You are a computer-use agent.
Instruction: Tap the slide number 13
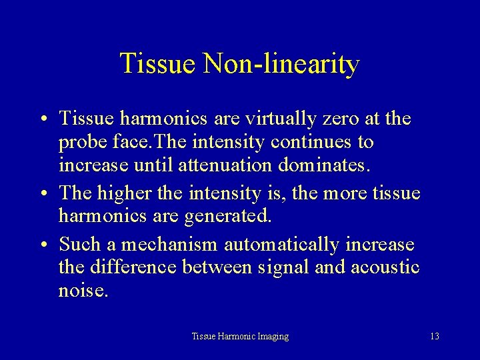point(435,337)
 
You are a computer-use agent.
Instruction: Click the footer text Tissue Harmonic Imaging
point(240,337)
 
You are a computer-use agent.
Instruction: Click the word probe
point(78,143)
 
